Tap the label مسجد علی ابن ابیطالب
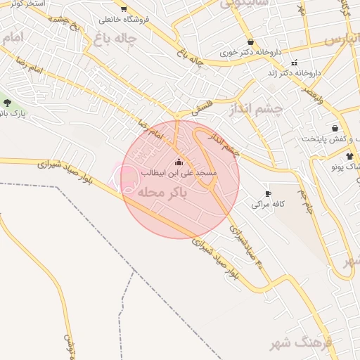coord(179,172)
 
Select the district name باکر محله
coord(165,193)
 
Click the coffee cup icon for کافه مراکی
coord(267,193)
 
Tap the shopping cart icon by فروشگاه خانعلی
coord(124,9)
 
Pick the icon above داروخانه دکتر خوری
coord(250,42)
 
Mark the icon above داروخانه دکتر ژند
coord(295,63)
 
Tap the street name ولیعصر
coord(312,96)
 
